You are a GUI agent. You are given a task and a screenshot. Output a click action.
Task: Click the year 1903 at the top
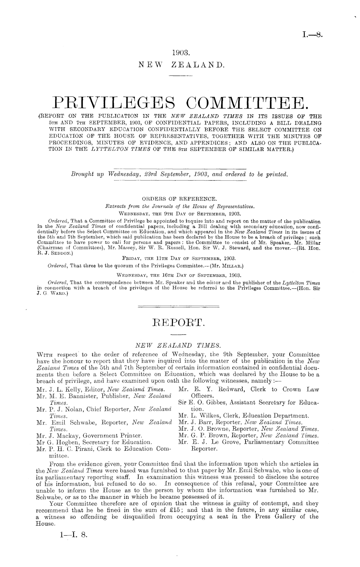180,52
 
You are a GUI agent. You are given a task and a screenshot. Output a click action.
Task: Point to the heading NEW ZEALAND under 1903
180,65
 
